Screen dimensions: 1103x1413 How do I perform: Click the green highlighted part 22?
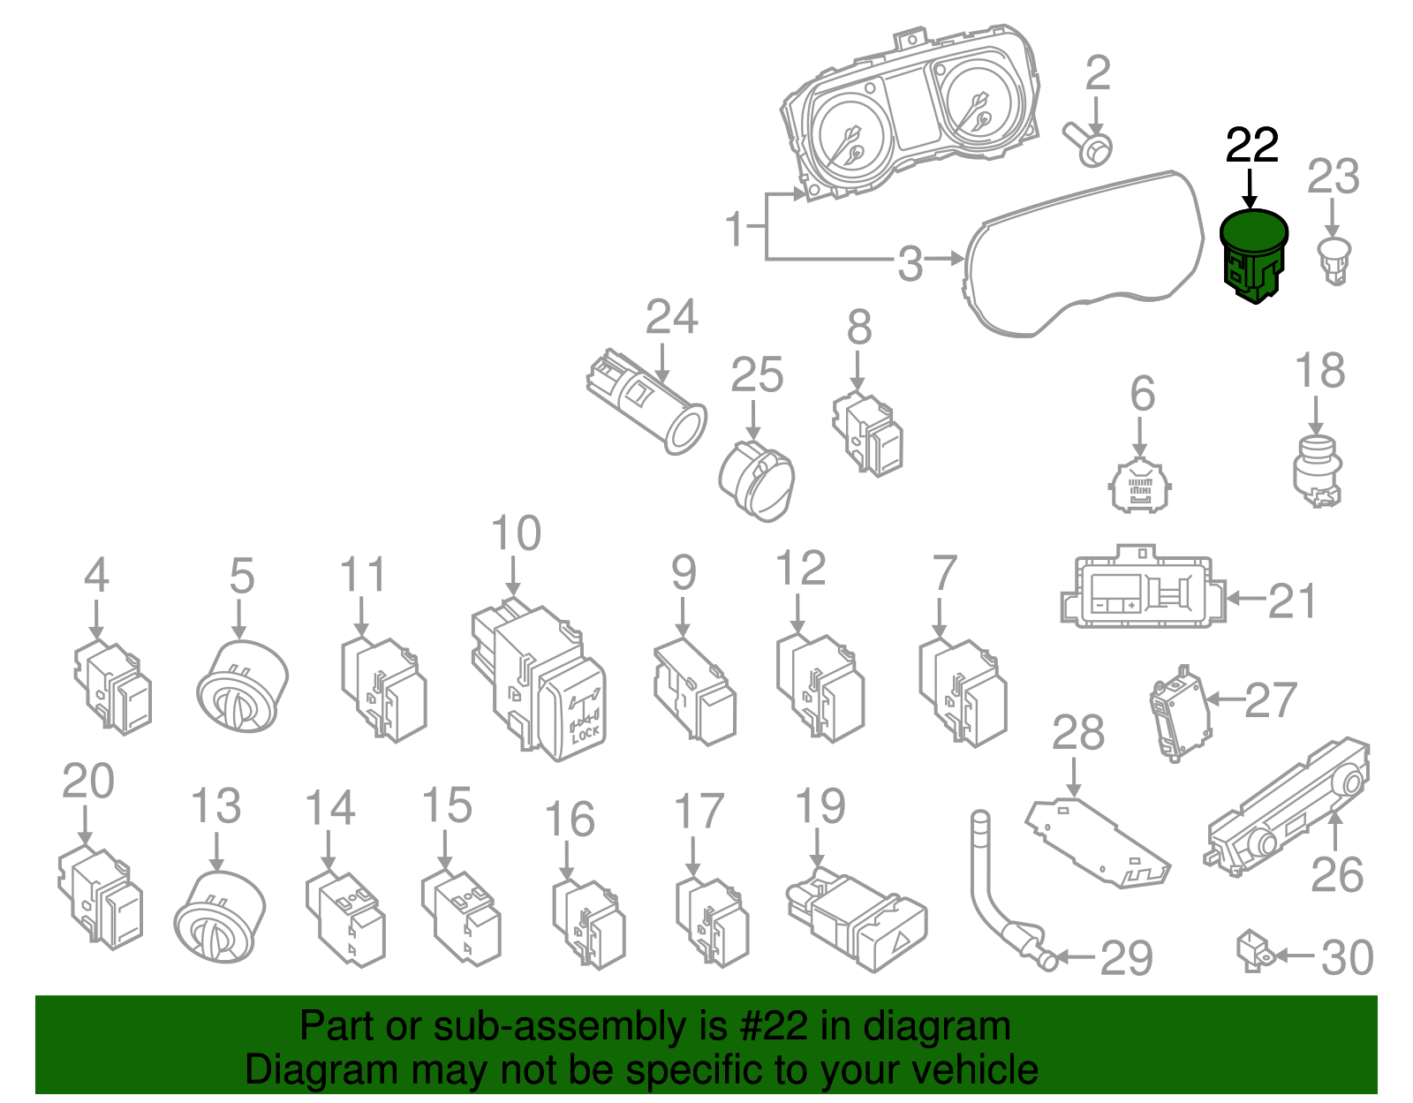[x=1253, y=254]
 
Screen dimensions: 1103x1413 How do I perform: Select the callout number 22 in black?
[x=1251, y=147]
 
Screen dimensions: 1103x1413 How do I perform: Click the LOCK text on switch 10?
[x=584, y=731]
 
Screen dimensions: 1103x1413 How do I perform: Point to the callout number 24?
[x=671, y=317]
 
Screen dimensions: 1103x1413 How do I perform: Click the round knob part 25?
[x=757, y=481]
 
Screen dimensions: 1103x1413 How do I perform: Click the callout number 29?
[x=1127, y=958]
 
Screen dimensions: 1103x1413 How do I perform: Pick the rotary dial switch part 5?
[x=242, y=685]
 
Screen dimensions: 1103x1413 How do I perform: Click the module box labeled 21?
[x=1142, y=590]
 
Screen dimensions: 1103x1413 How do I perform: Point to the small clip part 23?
[x=1334, y=260]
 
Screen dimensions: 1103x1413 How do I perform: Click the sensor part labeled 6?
[x=1140, y=485]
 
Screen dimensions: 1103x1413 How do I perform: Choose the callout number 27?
[x=1271, y=700]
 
